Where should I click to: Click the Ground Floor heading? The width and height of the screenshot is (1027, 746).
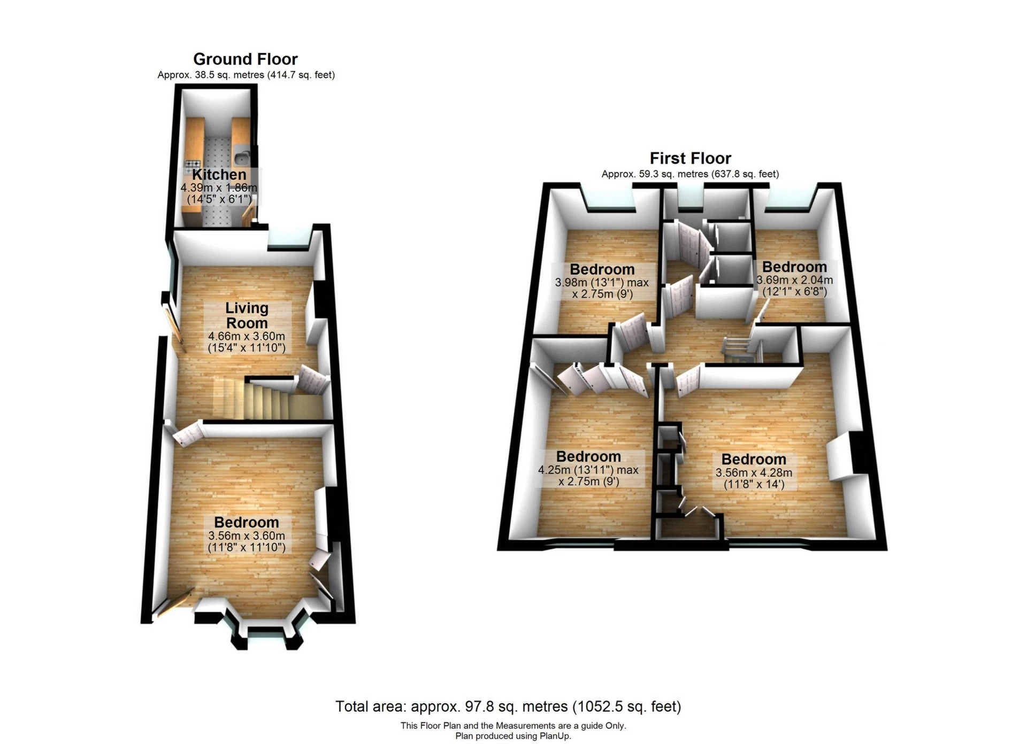click(245, 59)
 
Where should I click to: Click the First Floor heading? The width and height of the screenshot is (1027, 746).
click(690, 158)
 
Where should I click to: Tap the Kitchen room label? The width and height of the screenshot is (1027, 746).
click(219, 175)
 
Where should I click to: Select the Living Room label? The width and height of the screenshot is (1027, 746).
click(247, 315)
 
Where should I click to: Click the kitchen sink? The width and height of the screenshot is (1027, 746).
click(241, 158)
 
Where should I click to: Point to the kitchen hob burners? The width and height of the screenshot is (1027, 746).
click(193, 164)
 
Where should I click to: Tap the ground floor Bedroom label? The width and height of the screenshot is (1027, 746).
click(247, 522)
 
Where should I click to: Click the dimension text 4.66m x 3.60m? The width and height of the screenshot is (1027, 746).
click(247, 337)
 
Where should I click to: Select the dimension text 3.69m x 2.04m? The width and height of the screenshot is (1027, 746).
click(794, 280)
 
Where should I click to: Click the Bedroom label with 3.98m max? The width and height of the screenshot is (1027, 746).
click(602, 269)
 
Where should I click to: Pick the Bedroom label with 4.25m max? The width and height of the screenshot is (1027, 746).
click(588, 456)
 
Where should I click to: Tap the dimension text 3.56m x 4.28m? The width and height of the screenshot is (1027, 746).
click(754, 473)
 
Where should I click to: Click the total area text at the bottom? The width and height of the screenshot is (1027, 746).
click(508, 706)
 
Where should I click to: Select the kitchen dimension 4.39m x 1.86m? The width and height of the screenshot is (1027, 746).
click(219, 188)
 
